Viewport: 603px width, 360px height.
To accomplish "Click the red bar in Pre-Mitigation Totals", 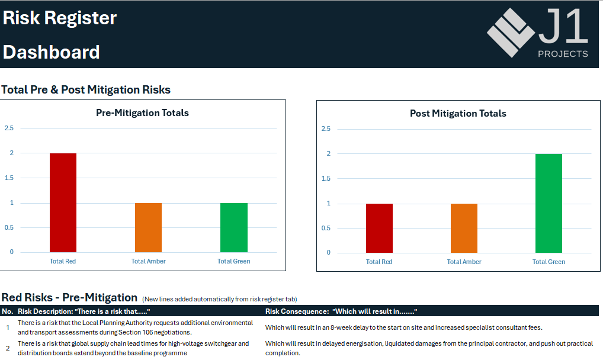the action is click(x=63, y=202).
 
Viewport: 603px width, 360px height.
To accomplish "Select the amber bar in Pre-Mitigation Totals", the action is click(x=149, y=228).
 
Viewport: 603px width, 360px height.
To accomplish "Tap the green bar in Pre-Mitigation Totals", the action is click(x=234, y=228).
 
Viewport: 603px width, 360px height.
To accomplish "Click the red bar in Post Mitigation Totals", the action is click(x=379, y=228).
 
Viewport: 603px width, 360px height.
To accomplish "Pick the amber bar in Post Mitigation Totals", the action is click(x=464, y=228).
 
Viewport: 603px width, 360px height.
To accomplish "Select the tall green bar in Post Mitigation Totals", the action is click(x=549, y=204).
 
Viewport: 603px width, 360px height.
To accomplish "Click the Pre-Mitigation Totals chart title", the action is click(x=142, y=112).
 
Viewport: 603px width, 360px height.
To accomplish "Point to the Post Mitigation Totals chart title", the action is click(x=458, y=114).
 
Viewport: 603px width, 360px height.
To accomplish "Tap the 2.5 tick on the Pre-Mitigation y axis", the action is click(x=9, y=128).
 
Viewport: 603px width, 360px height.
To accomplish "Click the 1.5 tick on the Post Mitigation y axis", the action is click(x=326, y=178).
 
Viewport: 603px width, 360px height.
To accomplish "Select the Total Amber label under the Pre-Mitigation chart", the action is click(x=149, y=261).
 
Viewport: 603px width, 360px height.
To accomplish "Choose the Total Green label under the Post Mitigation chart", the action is click(x=549, y=262).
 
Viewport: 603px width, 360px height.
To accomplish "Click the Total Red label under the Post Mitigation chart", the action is click(x=379, y=262).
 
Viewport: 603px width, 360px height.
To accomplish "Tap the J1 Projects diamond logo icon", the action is click(x=511, y=33).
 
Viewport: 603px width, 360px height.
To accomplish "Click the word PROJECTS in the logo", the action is click(x=563, y=54).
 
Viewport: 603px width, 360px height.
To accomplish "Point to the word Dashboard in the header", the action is click(x=51, y=52).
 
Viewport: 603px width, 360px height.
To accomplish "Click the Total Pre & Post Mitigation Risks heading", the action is click(x=86, y=89).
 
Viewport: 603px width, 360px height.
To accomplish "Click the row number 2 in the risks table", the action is click(x=8, y=348).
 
